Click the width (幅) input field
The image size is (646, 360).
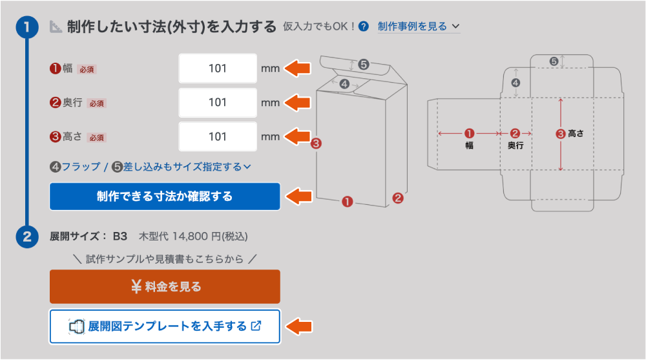[218, 69]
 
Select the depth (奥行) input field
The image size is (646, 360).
[218, 102]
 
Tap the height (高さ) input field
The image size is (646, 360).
[218, 136]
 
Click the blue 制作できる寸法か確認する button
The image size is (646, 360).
[165, 196]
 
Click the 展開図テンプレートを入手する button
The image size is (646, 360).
[165, 326]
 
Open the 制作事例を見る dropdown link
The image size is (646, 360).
[419, 26]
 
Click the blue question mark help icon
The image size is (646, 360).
[363, 26]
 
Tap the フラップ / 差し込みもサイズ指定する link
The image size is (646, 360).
[151, 167]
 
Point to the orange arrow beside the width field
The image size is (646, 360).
[297, 68]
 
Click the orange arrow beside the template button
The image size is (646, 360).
[298, 326]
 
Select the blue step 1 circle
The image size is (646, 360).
[27, 27]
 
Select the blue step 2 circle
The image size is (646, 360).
[27, 237]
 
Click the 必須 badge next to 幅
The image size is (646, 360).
[87, 70]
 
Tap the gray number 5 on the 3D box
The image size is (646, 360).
[363, 65]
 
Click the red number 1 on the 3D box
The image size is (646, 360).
[348, 202]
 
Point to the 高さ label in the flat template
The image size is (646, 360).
[576, 134]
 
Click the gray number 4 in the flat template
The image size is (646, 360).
[516, 83]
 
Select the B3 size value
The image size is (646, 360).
[120, 237]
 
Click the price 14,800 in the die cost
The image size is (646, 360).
[190, 237]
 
